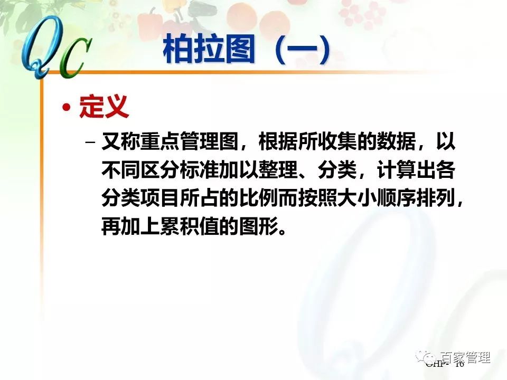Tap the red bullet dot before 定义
[66, 108]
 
